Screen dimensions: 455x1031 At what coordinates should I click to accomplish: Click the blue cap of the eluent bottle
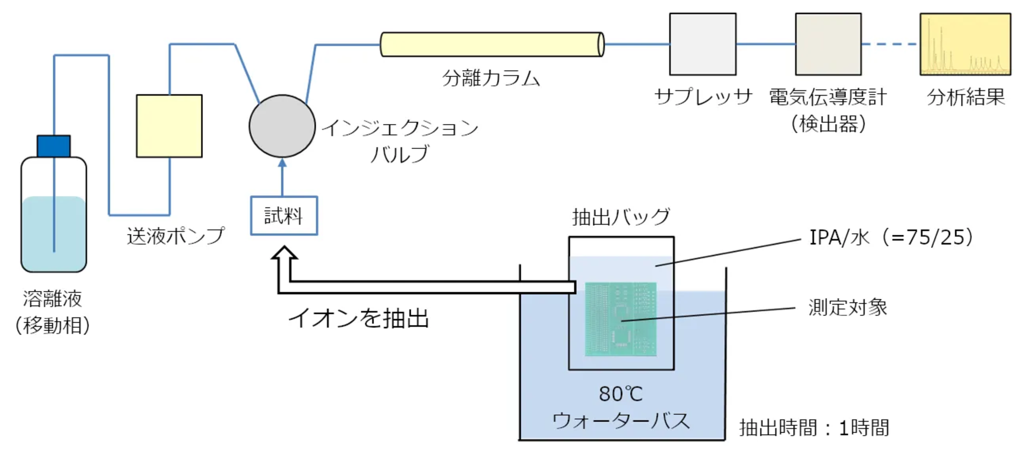tap(54, 146)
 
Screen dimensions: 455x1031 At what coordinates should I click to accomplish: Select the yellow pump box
tap(169, 126)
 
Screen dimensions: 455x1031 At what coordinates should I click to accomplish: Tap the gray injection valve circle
tap(282, 126)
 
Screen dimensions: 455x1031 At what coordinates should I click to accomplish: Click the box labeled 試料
tap(284, 216)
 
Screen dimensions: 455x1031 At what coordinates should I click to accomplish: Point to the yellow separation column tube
tap(491, 45)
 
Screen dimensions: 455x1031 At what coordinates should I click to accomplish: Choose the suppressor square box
tap(702, 45)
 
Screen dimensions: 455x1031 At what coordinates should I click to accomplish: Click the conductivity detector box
tap(828, 45)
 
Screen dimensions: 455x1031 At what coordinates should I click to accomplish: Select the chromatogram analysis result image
tap(965, 45)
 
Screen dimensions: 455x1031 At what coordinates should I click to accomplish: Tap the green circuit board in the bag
tap(621, 319)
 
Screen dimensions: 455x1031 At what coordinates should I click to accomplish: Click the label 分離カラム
tap(491, 78)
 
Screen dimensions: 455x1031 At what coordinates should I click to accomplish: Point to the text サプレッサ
tap(703, 97)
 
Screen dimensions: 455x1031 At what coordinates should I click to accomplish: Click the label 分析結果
tap(965, 97)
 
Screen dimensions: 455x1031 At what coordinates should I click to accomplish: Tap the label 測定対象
tap(847, 308)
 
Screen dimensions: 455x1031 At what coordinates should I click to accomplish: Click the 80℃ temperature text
tap(621, 394)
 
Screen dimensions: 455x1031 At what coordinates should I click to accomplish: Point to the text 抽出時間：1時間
tap(814, 428)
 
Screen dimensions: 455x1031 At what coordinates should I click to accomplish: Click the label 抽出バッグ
tap(621, 217)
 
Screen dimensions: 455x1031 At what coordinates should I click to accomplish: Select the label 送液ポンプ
tap(176, 236)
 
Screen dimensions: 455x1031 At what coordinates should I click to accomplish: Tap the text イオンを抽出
tap(359, 318)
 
